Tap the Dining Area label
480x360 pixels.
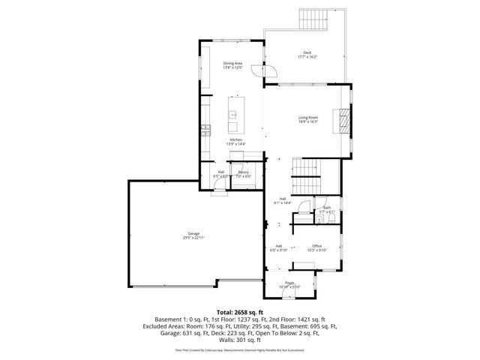(x=232, y=63)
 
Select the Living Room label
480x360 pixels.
(x=308, y=117)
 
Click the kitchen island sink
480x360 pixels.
(x=233, y=115)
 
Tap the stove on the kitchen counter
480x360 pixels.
(x=205, y=130)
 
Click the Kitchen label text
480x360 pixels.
(x=235, y=140)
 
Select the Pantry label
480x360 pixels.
(x=244, y=172)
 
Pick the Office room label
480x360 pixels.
(x=317, y=246)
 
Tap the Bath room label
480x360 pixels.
(x=327, y=208)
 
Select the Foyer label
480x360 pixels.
(x=289, y=283)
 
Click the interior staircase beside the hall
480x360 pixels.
(x=305, y=176)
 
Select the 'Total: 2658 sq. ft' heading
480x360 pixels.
(x=240, y=310)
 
